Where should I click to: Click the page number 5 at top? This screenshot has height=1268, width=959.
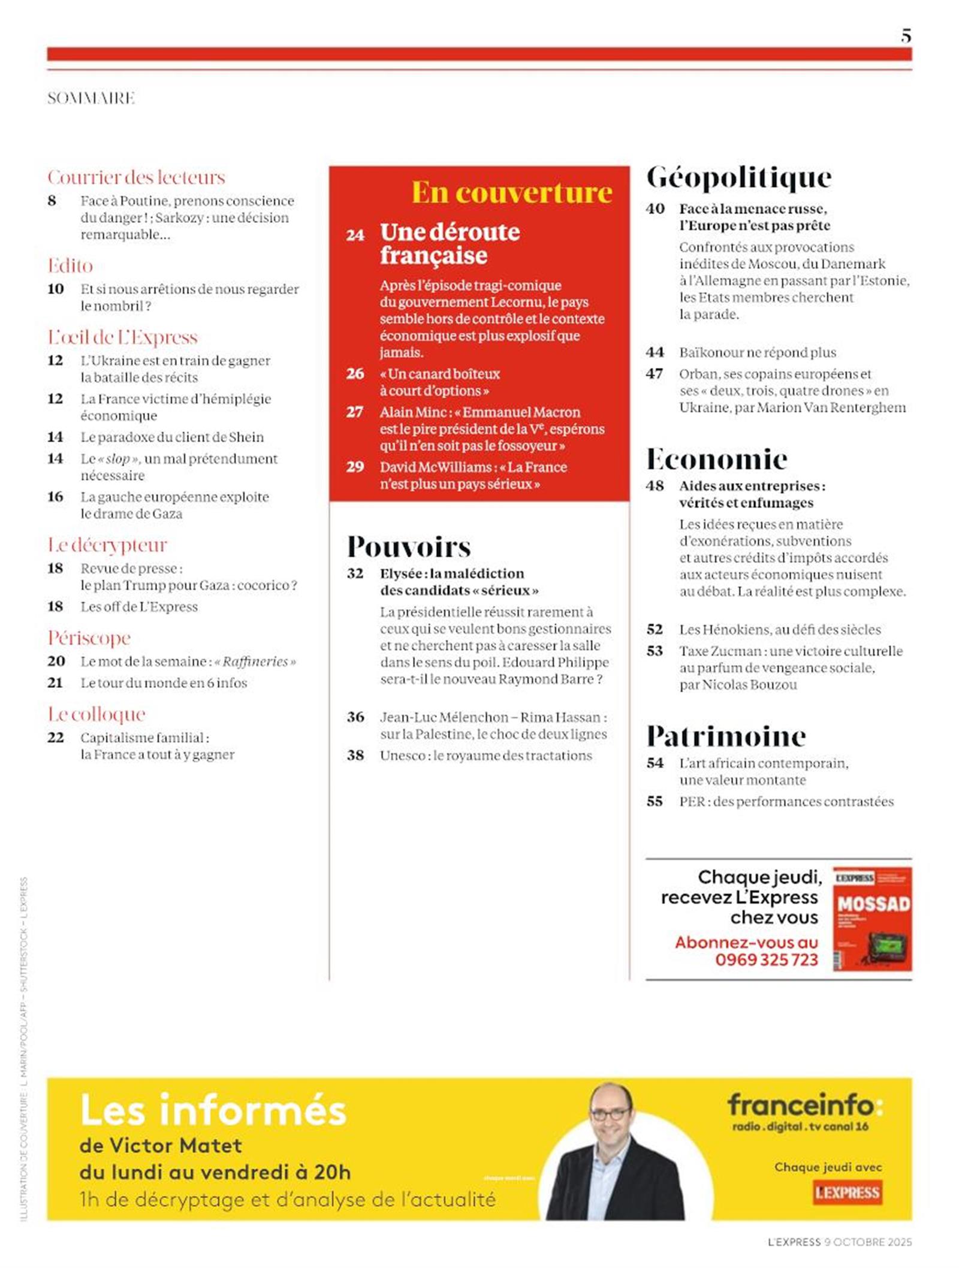point(906,36)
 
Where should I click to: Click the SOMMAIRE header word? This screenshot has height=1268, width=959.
point(91,98)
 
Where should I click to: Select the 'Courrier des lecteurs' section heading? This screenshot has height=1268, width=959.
point(136,177)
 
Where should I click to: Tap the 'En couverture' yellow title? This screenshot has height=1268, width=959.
point(511,192)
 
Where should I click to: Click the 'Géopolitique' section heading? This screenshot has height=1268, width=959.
point(738,177)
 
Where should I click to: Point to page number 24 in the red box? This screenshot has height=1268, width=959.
point(355,235)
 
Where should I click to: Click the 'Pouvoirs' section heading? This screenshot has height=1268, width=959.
point(409,547)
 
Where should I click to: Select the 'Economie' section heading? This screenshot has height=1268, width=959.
point(716,460)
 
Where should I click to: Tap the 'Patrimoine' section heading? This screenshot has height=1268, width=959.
point(726,736)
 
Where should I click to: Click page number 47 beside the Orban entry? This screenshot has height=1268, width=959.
point(655,374)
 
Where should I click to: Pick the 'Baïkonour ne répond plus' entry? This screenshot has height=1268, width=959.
point(757,352)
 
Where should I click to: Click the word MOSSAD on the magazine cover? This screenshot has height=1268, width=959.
point(873,904)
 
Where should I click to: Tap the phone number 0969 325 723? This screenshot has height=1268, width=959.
point(766,960)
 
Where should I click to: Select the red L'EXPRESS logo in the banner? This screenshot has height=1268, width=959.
point(846,1192)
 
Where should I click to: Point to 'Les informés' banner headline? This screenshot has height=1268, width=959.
point(213,1110)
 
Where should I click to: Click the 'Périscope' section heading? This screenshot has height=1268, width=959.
point(89,638)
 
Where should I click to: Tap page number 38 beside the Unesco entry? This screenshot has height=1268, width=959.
point(355,756)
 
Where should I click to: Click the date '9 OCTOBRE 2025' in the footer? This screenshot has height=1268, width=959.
point(868,1242)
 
